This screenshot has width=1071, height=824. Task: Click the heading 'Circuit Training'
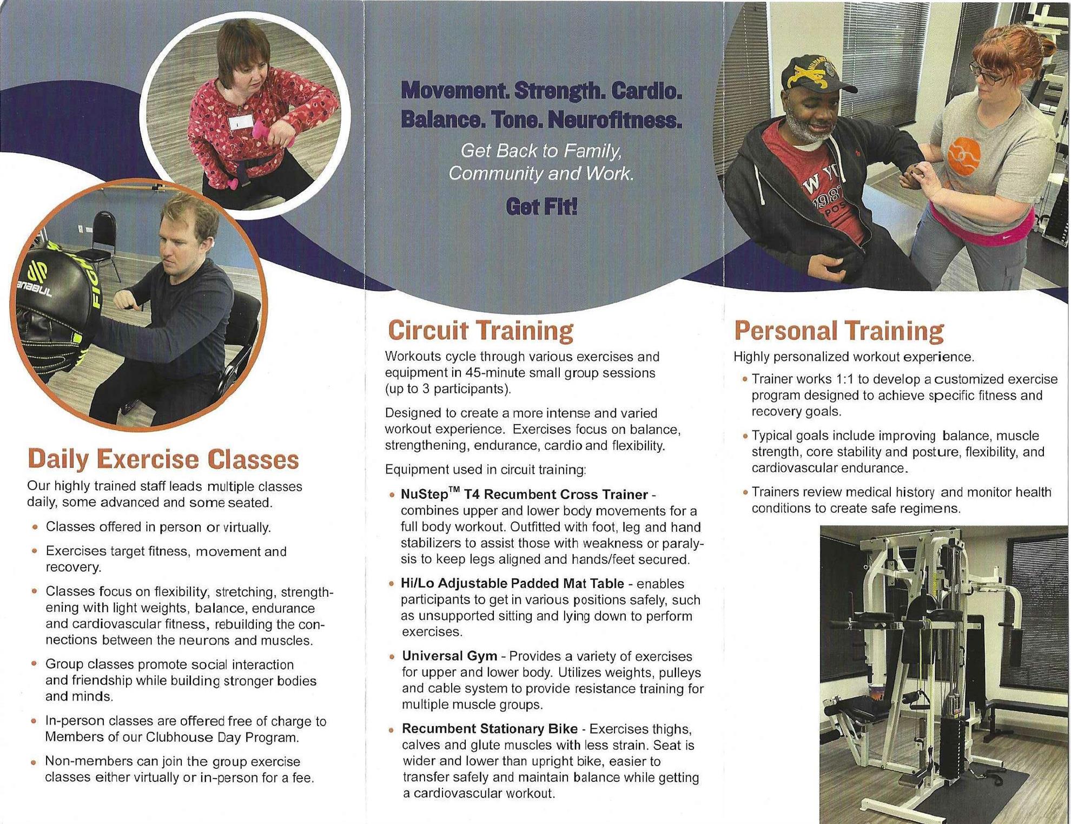480,331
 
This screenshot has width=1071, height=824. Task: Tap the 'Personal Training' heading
839,331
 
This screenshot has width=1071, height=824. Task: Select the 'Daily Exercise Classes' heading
163,459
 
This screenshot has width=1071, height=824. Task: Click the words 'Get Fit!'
541,207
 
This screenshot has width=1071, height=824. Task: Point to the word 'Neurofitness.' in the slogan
614,120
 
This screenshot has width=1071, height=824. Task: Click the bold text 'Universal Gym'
449,656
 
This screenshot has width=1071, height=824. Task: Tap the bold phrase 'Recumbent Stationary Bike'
490,729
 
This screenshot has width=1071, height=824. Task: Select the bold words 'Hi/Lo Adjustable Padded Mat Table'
512,583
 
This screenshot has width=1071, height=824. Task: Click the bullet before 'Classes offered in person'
35,527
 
